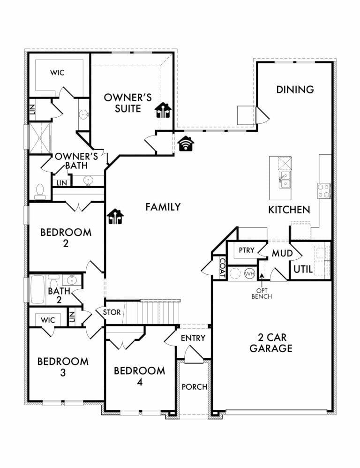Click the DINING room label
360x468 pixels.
tap(295, 89)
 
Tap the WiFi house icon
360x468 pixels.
tap(186, 143)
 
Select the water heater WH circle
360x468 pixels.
tap(250, 273)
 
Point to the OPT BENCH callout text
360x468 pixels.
tap(262, 294)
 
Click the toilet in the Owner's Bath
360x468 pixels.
tap(40, 192)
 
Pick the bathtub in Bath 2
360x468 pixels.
tap(37, 289)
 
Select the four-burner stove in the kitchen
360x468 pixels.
tap(324, 191)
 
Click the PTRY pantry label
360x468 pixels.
tap(247, 250)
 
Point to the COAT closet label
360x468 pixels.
tap(222, 268)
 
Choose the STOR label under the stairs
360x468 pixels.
tap(112, 312)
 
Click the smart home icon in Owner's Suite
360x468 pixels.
tap(163, 110)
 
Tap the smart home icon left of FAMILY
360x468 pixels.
tap(115, 216)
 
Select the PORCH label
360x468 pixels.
tap(195, 387)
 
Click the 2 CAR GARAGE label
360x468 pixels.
tap(271, 343)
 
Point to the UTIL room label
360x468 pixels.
tap(303, 269)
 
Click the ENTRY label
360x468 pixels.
tap(193, 338)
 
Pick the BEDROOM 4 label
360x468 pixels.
tap(139, 376)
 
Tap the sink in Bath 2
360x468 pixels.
tap(72, 280)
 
